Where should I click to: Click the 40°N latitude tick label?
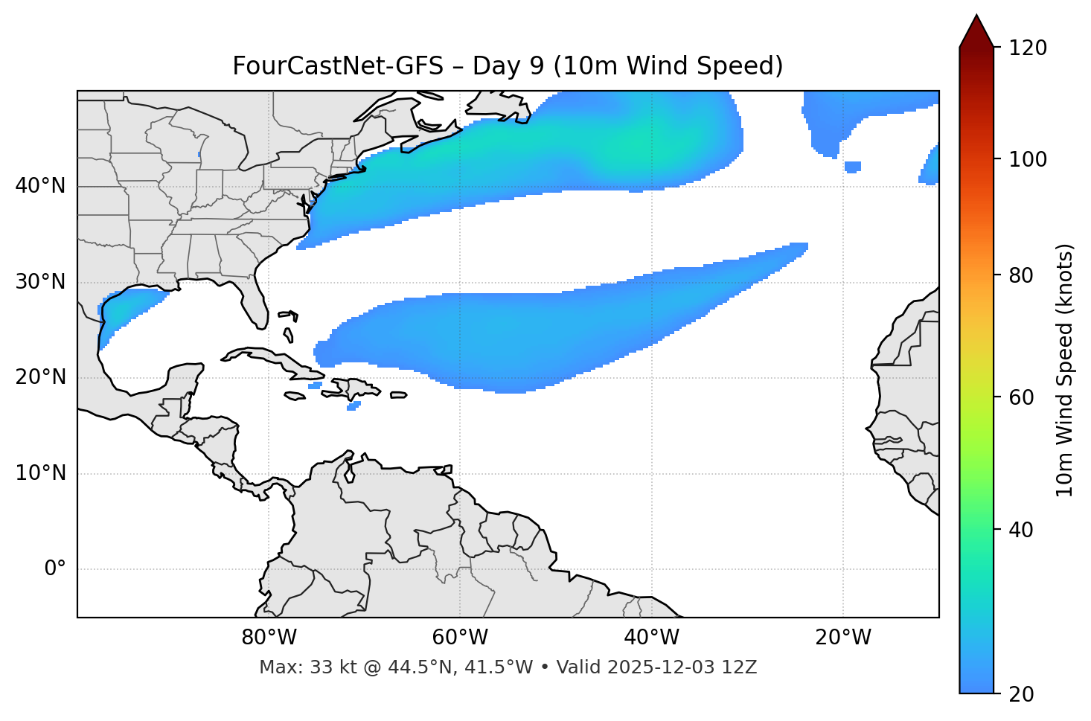(40, 186)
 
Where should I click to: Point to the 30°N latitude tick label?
(40, 282)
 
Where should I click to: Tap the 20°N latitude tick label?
(40, 377)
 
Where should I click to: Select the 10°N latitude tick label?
(40, 473)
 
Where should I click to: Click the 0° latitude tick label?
(55, 569)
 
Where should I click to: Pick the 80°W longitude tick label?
(269, 638)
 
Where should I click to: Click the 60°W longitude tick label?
(460, 638)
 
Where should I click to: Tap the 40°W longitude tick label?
(651, 638)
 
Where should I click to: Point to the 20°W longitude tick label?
(842, 638)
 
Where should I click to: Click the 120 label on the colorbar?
(1027, 48)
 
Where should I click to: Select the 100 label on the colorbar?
(1027, 159)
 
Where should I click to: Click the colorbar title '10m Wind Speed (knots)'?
(1065, 370)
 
